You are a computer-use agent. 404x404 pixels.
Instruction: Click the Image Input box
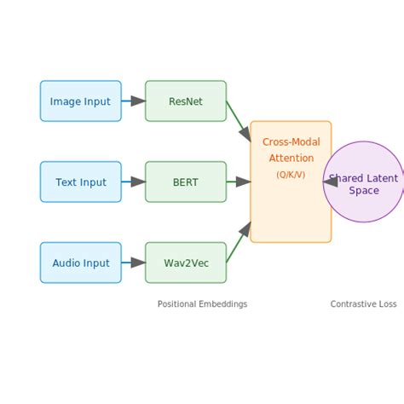[80, 101]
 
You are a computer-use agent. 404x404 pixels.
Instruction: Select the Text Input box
[80, 182]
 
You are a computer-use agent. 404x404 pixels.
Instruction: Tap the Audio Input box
[80, 263]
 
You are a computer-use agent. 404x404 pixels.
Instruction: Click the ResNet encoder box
[186, 101]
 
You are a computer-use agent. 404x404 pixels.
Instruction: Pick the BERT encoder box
[186, 182]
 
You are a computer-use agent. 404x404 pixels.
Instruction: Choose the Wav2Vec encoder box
[186, 263]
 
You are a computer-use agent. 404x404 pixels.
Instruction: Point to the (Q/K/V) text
[291, 175]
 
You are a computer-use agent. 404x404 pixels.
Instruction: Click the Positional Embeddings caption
[202, 304]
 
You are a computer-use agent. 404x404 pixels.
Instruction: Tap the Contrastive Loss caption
[363, 304]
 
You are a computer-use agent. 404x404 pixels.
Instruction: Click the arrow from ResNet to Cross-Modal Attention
[239, 121]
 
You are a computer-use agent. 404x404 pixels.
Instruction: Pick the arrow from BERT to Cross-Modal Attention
[240, 182]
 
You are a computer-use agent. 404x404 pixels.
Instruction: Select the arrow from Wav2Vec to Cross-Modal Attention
[239, 242]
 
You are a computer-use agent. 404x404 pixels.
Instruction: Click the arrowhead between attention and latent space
[330, 182]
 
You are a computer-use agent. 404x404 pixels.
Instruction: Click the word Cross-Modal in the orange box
[291, 142]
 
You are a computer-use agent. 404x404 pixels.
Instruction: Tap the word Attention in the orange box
[291, 159]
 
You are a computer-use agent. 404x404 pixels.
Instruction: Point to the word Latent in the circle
[381, 179]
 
